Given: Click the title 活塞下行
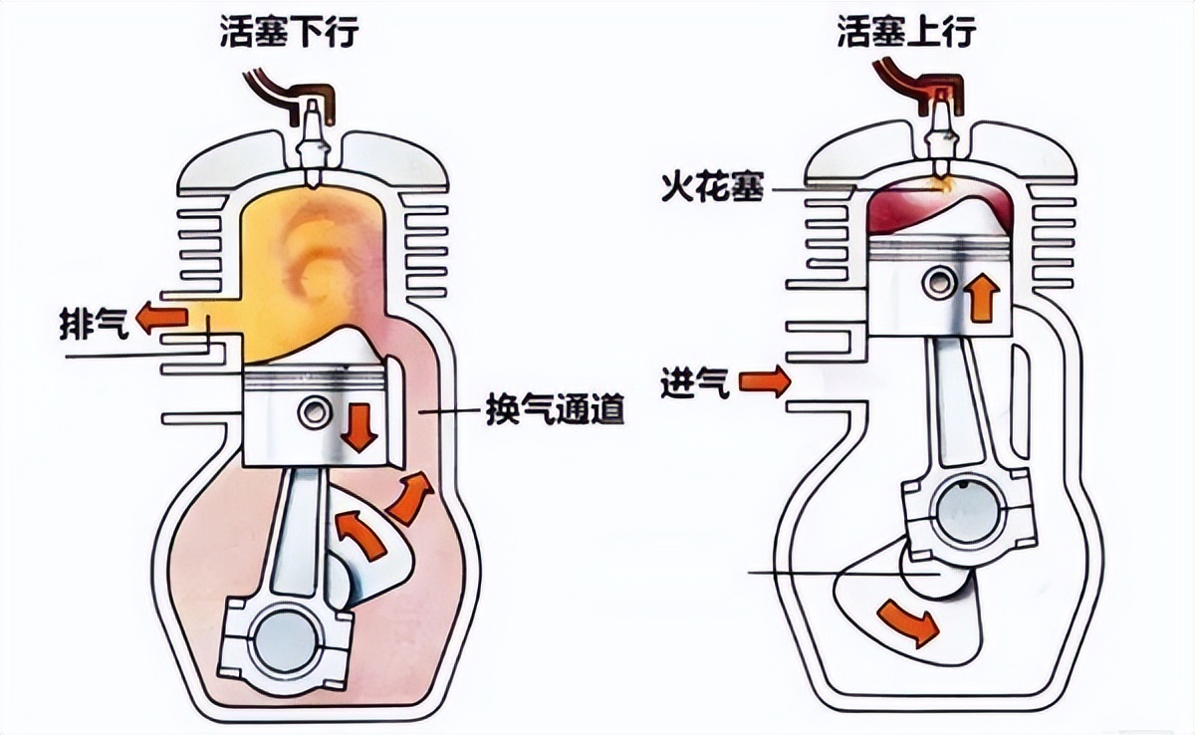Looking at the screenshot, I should pyautogui.click(x=288, y=34).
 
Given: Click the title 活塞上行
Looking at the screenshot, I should pyautogui.click(x=907, y=34).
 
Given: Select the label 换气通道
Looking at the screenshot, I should pyautogui.click(x=555, y=410).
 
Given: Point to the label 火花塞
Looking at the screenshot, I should pyautogui.click(x=712, y=188).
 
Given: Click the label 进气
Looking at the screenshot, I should pyautogui.click(x=694, y=381).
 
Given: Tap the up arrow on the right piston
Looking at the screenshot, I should pyautogui.click(x=982, y=298).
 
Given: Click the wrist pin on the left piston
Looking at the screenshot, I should pyautogui.click(x=315, y=411).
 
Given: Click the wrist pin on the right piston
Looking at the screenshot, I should pyautogui.click(x=936, y=283).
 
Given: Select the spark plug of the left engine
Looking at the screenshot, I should pyautogui.click(x=314, y=139).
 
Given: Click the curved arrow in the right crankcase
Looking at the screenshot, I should pyautogui.click(x=908, y=620).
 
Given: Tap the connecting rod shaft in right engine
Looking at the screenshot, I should pyautogui.click(x=946, y=408).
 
